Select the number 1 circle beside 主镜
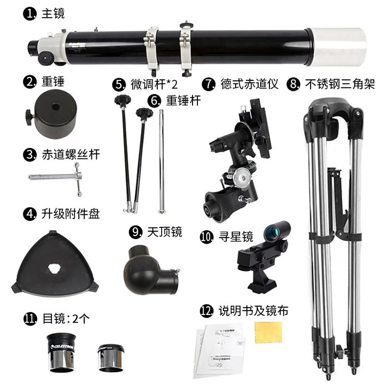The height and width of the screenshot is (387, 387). coord(30,13)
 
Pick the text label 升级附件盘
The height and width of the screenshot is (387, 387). coord(69,213)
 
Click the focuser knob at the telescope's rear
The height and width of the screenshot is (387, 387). coord(46,58)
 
